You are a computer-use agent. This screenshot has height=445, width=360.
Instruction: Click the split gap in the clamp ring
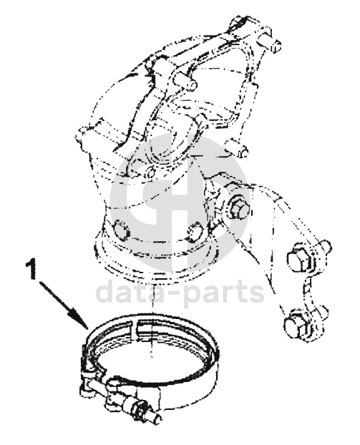coord(134,327)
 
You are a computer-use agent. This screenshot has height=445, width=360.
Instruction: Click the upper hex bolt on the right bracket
coord(298,259)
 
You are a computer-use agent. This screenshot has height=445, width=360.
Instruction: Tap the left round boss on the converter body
coord(121,230)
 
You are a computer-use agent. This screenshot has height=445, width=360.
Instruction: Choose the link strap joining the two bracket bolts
coord(309,293)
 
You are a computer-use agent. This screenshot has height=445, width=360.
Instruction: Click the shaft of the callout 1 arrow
coord(57,296)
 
